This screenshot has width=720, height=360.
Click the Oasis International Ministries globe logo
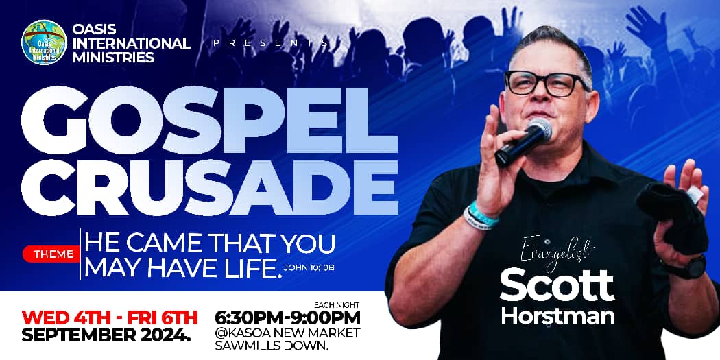[44, 43]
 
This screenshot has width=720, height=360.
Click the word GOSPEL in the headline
[209, 120]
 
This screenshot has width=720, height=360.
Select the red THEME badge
[51, 254]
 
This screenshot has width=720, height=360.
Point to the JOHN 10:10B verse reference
[309, 267]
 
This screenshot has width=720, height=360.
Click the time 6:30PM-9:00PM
[287, 317]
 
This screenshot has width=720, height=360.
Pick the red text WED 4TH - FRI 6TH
[110, 317]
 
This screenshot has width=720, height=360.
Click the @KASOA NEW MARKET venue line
[287, 333]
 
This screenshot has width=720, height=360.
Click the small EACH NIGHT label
[337, 304]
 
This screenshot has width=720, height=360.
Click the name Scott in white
[557, 285]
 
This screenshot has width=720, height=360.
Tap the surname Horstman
[557, 316]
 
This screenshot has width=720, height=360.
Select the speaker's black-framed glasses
[546, 83]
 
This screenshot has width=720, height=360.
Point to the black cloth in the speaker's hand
[671, 217]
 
